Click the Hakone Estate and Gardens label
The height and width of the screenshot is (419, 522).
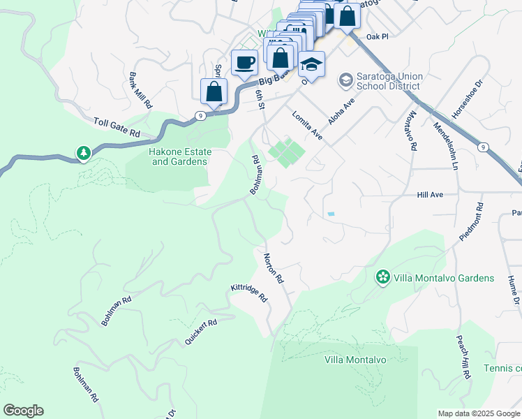179,156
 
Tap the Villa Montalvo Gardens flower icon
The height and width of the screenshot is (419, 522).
382,277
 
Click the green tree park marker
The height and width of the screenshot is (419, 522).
84,153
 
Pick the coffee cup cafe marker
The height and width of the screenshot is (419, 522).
244,63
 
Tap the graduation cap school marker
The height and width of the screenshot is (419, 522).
311,65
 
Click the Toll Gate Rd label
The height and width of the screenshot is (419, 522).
117,127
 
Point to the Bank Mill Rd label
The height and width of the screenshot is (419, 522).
140,90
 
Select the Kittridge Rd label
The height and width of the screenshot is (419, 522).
249,293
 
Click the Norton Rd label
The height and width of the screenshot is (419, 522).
274,267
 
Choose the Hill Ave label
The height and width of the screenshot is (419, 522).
431,196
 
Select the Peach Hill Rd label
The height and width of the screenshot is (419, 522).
462,356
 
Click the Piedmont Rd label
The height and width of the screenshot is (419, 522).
471,222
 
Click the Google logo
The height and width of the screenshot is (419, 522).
23,411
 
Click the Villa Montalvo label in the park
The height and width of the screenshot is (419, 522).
355,360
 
